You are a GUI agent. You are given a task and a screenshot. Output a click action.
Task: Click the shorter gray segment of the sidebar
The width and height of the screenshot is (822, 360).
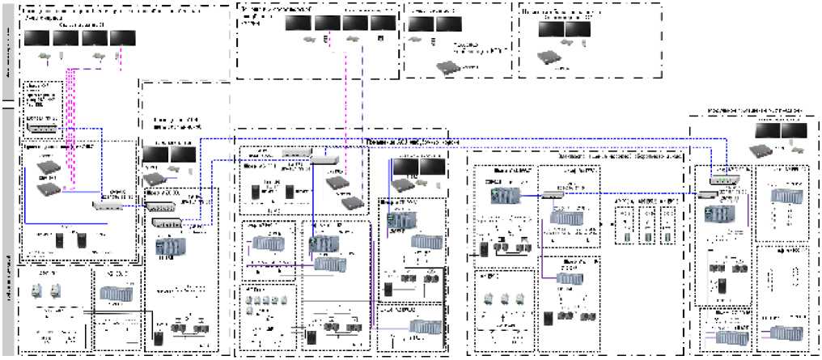tap(6, 50)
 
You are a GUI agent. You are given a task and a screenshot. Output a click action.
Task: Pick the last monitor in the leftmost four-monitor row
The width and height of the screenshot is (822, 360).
tap(122, 38)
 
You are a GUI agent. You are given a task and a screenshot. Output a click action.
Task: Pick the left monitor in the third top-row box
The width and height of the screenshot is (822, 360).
tap(420, 24)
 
